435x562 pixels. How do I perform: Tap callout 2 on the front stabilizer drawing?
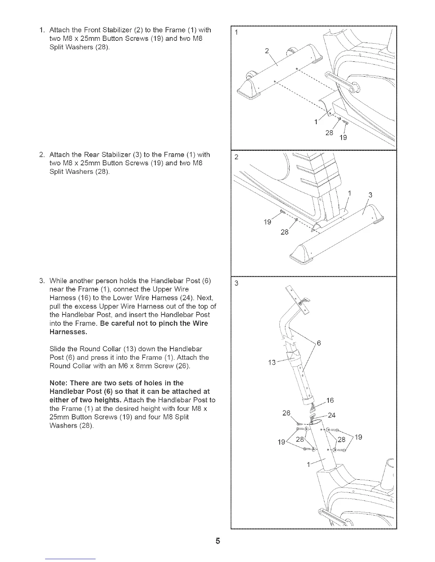point(267,51)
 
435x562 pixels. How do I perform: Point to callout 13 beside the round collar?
point(272,362)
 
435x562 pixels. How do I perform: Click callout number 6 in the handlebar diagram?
point(319,343)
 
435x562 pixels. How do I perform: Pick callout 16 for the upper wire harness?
point(330,401)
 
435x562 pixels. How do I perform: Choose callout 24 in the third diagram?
point(332,415)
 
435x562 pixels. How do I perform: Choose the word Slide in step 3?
point(57,349)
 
